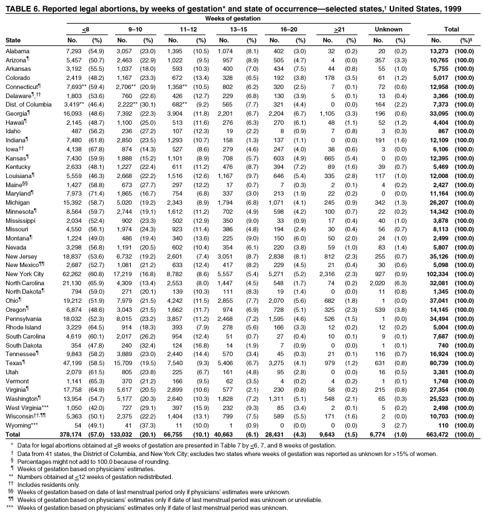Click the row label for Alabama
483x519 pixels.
tap(17, 51)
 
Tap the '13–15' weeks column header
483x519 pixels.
tap(238, 29)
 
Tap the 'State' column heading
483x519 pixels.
tap(13, 40)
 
